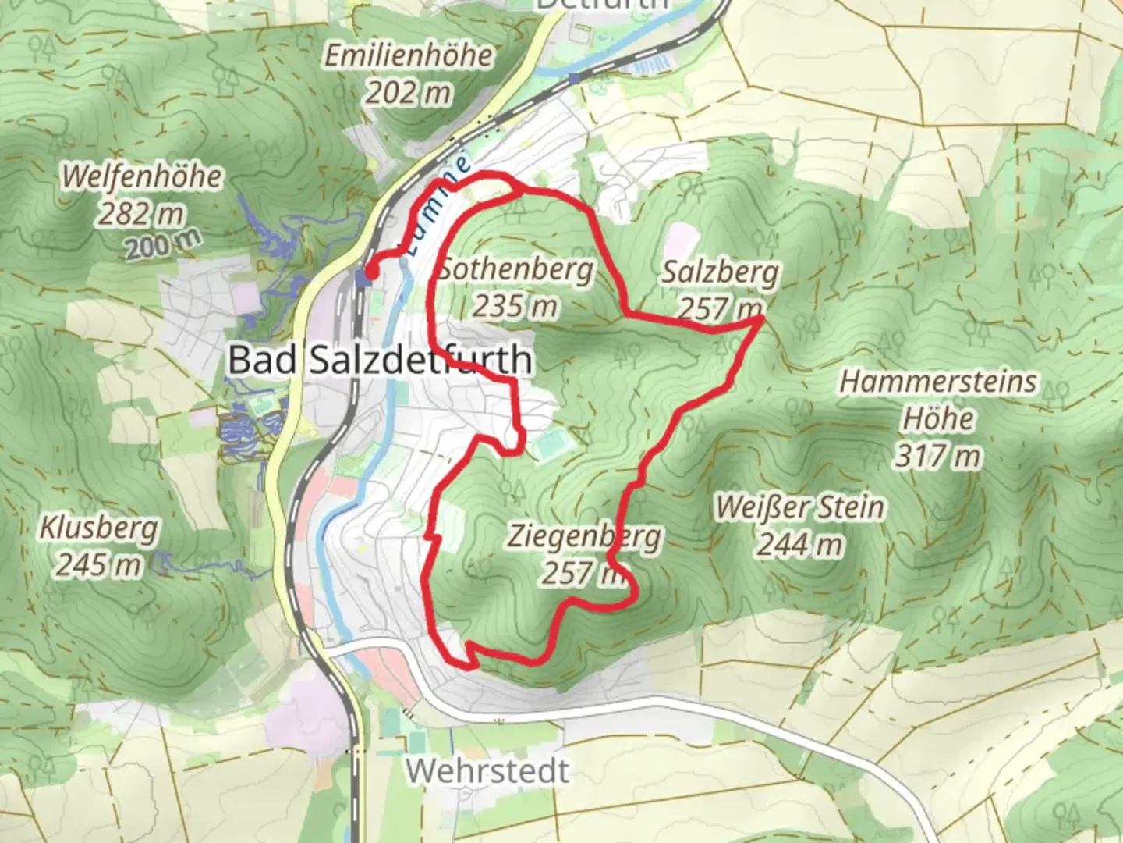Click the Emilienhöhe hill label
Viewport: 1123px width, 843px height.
coord(409,56)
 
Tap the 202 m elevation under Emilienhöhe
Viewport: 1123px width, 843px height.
coord(409,93)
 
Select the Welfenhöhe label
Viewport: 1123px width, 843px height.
coord(142,176)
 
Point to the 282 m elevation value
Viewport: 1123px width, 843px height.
coord(141,212)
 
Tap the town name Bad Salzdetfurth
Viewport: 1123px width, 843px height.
coord(380,360)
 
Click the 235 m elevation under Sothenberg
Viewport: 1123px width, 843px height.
coord(515,305)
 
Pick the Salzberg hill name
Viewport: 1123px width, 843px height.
coord(720,272)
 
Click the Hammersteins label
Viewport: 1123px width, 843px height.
coord(938,382)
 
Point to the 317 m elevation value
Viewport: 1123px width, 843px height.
coord(938,455)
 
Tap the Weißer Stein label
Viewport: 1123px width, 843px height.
coord(800,507)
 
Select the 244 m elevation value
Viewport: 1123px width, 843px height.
coord(799,544)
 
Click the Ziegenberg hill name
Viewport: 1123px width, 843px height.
coord(584,537)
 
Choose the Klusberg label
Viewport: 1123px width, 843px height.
coord(99,528)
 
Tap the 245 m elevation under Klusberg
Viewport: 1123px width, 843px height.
coord(98,564)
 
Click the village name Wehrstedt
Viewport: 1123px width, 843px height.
coord(487,771)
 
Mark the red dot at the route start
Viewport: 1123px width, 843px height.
coord(372,272)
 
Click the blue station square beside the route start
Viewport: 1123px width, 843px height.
coord(361,276)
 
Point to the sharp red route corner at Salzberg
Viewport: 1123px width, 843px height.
coord(761,318)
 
